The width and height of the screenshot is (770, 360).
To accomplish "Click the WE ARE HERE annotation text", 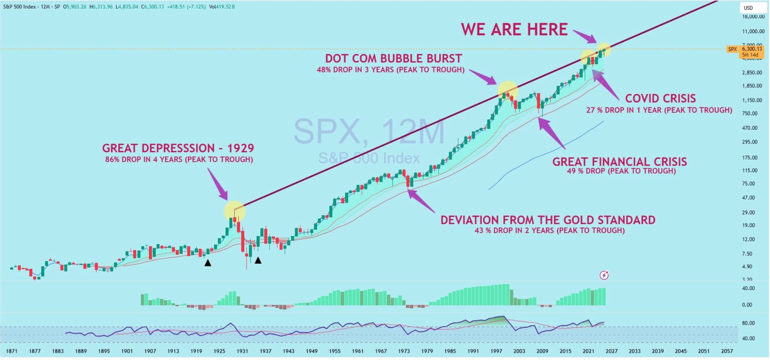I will click(514, 30).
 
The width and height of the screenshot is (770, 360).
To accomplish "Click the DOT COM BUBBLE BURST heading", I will click(393, 59).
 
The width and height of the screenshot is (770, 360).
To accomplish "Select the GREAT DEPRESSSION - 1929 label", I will click(178, 148).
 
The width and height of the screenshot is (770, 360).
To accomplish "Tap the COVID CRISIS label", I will click(660, 99).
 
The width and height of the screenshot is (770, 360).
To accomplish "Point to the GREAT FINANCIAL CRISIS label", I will click(620, 162).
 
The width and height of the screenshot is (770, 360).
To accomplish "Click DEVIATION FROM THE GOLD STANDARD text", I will click(548, 220).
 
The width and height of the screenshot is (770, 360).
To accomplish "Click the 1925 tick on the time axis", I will click(219, 351).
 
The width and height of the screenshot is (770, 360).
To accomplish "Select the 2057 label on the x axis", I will click(727, 351).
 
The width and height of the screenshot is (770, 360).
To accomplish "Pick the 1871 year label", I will click(12, 351).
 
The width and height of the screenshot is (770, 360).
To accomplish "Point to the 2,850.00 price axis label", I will click(752, 73).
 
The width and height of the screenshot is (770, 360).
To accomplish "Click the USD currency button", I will click(748, 8).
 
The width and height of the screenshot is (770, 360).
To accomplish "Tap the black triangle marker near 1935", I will click(258, 261).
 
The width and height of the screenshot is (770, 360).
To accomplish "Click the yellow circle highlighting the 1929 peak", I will click(235, 211).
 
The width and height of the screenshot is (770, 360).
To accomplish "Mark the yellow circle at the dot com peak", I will click(507, 91).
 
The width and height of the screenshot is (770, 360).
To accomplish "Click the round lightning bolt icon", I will click(604, 275).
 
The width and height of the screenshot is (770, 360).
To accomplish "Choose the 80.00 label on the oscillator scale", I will click(748, 323).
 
